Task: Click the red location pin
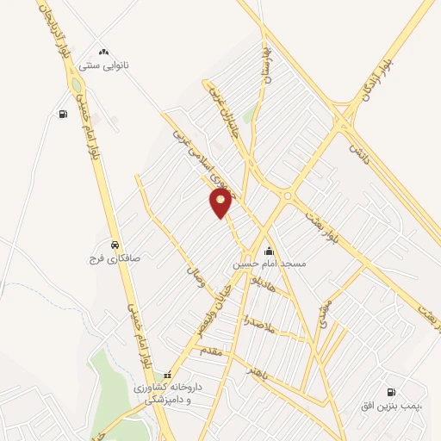pyautogui.click(x=221, y=202)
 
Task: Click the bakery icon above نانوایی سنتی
pyautogui.click(x=104, y=53)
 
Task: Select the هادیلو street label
pyautogui.click(x=261, y=283)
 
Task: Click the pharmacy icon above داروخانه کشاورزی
pyautogui.click(x=168, y=376)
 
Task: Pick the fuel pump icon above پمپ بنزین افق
pyautogui.click(x=393, y=391)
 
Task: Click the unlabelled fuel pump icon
pyautogui.click(x=62, y=114)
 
